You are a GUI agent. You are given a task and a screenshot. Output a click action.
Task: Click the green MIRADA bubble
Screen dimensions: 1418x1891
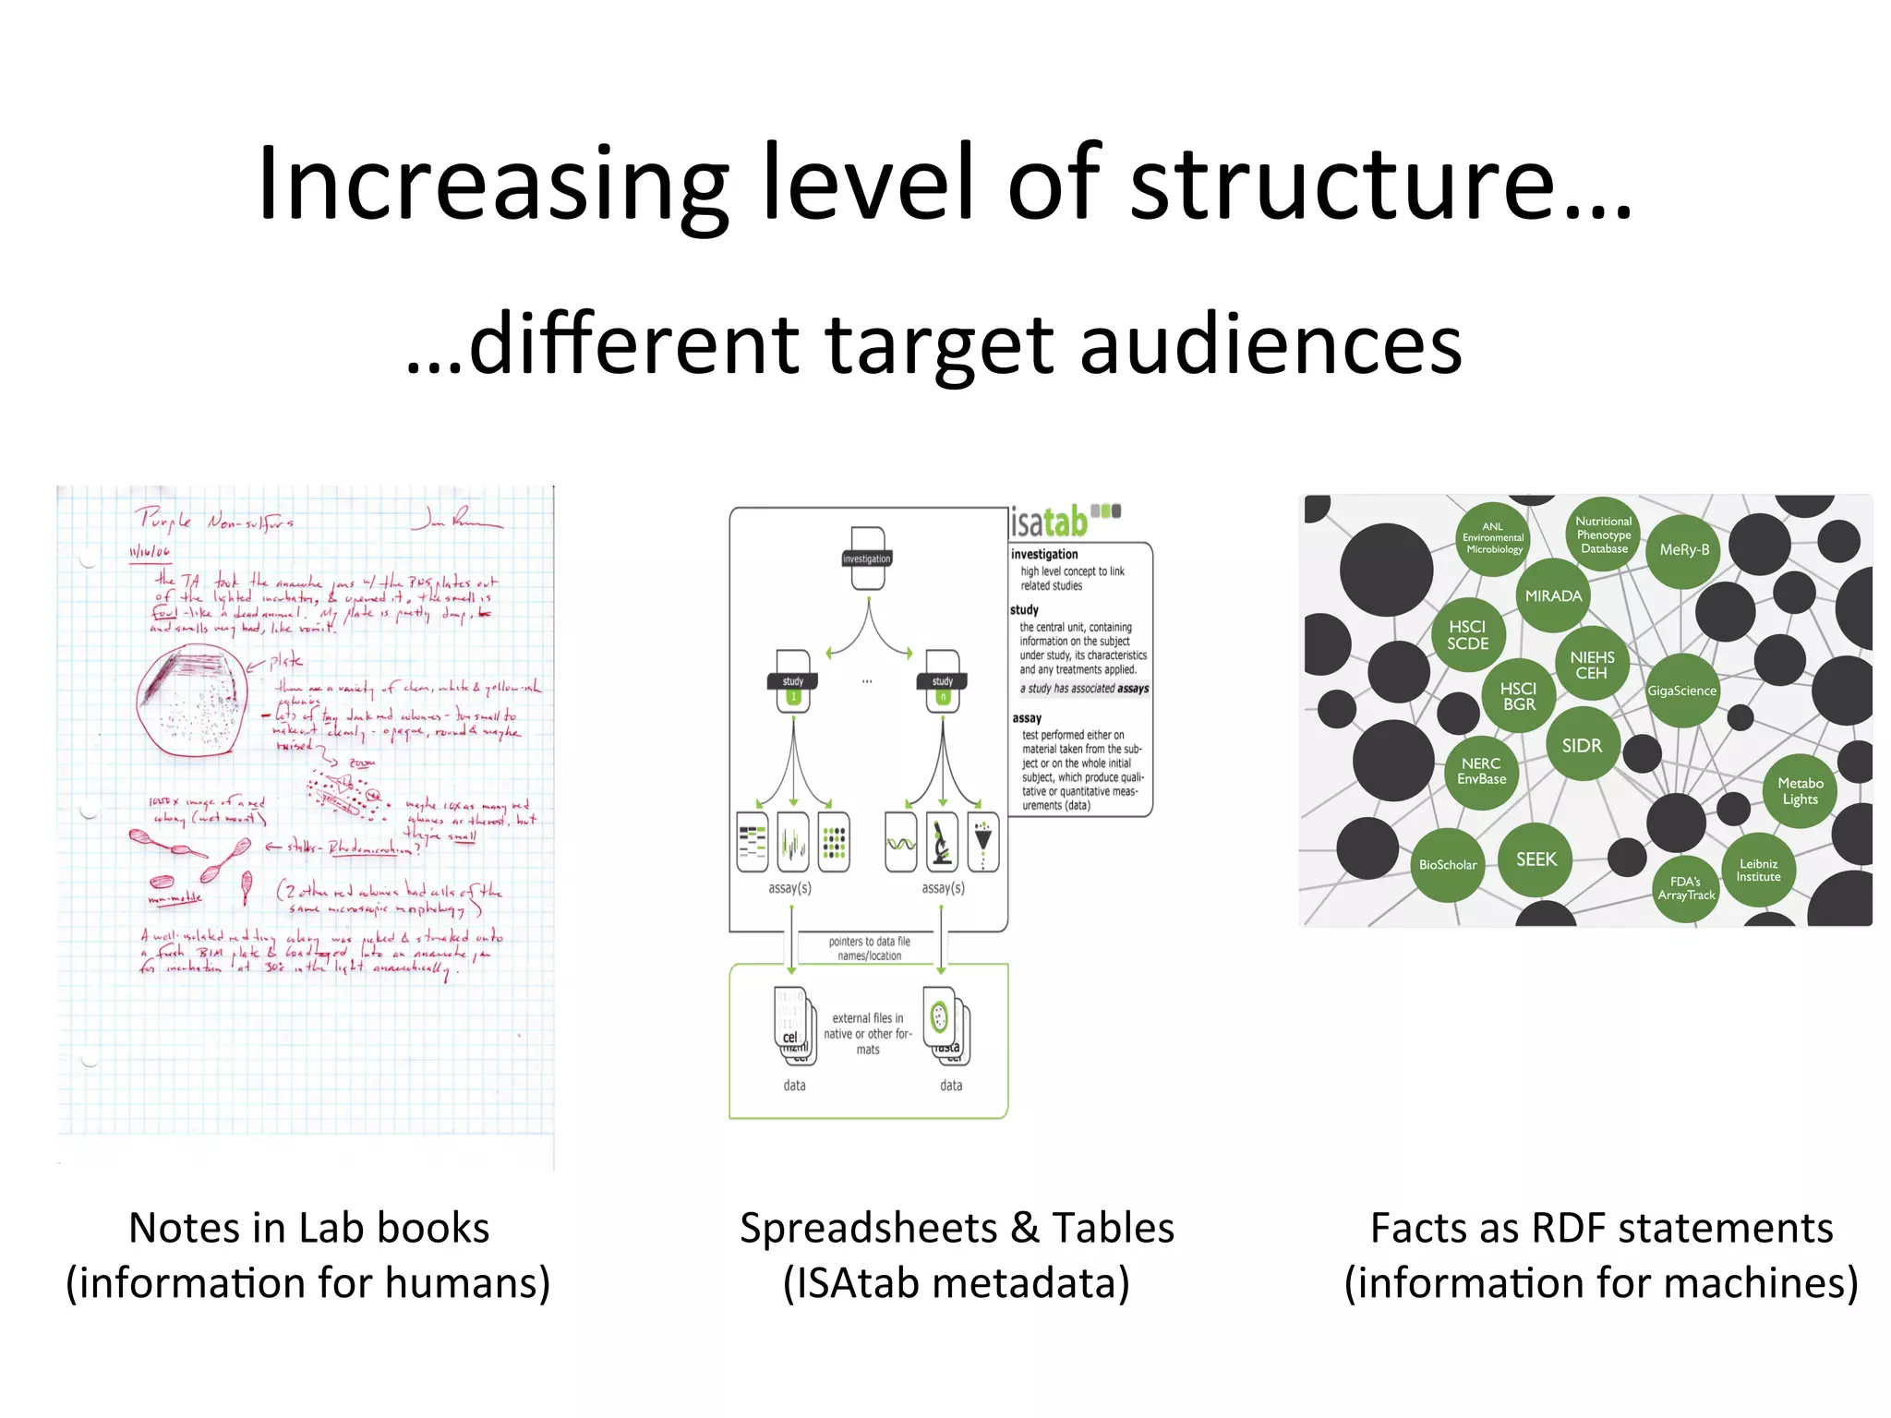pyautogui.click(x=1553, y=596)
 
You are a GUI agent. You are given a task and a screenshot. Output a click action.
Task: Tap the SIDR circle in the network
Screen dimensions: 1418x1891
pyautogui.click(x=1582, y=745)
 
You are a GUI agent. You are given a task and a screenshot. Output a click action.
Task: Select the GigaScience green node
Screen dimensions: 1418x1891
pyautogui.click(x=1681, y=691)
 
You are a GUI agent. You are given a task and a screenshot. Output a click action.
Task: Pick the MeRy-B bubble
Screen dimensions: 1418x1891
pyautogui.click(x=1684, y=550)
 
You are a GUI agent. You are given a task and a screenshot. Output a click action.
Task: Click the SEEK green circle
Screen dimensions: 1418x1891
pyautogui.click(x=1536, y=859)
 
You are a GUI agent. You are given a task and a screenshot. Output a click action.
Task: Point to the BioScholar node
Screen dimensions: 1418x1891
pyautogui.click(x=1448, y=865)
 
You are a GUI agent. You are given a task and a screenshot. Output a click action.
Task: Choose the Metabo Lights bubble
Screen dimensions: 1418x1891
pyautogui.click(x=1800, y=791)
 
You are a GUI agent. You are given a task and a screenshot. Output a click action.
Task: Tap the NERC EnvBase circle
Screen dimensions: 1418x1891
pyautogui.click(x=1481, y=771)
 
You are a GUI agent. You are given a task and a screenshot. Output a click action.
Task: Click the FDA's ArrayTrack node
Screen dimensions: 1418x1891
pyautogui.click(x=1686, y=888)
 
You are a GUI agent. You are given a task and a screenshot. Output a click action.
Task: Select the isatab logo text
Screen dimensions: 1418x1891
pyautogui.click(x=1051, y=523)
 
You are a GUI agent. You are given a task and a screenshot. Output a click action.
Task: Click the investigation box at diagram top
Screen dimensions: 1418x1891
pyautogui.click(x=867, y=559)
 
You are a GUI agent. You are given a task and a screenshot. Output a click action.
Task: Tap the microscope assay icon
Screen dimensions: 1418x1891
pyautogui.click(x=942, y=842)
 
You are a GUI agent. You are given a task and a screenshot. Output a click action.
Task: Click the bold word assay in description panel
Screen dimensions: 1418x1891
pyautogui.click(x=1027, y=718)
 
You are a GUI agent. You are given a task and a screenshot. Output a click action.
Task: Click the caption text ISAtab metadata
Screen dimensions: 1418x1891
pyautogui.click(x=957, y=1283)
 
